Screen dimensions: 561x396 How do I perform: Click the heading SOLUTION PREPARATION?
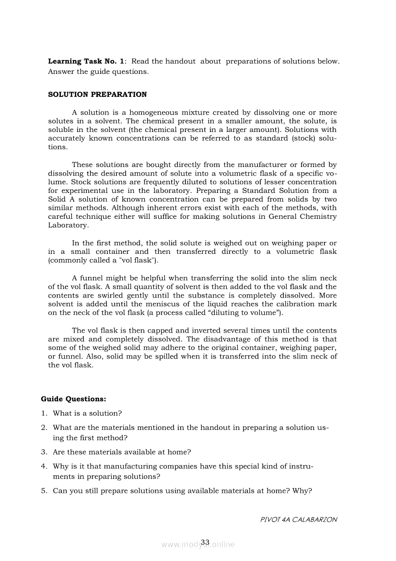(97, 95)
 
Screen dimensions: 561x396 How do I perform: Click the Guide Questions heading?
(73, 399)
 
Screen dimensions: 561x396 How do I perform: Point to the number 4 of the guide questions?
(44, 466)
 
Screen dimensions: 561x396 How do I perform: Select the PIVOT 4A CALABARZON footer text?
(298, 519)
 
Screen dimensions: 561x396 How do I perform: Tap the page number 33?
(205, 542)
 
